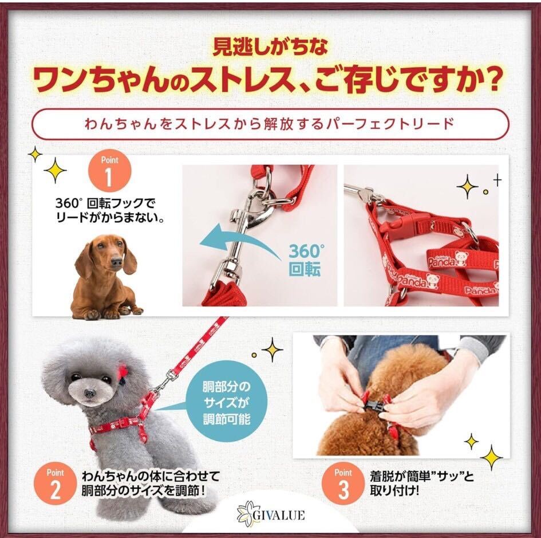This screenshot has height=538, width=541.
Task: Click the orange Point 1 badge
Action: tap(110, 172)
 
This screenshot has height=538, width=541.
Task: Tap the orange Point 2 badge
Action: tap(55, 484)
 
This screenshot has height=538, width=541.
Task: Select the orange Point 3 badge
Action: tap(343, 484)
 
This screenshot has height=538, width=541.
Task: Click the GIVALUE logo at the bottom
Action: tap(271, 516)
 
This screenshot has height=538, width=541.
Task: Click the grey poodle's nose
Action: tap(89, 392)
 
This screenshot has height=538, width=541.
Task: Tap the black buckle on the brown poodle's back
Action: tap(375, 409)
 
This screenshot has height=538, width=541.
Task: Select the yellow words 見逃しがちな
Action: tap(270, 47)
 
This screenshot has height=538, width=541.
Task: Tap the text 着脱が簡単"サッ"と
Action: tap(422, 477)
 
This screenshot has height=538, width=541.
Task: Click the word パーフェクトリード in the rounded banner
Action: tap(389, 124)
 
